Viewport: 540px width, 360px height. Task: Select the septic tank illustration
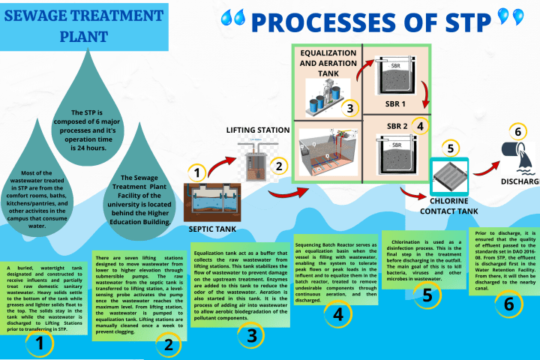point(212,198)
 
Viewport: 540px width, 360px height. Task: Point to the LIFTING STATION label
point(257,130)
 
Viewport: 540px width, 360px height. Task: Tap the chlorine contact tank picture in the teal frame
point(449,178)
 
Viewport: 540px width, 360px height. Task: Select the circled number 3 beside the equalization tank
point(349,108)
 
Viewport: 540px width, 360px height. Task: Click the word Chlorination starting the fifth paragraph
point(412,243)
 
